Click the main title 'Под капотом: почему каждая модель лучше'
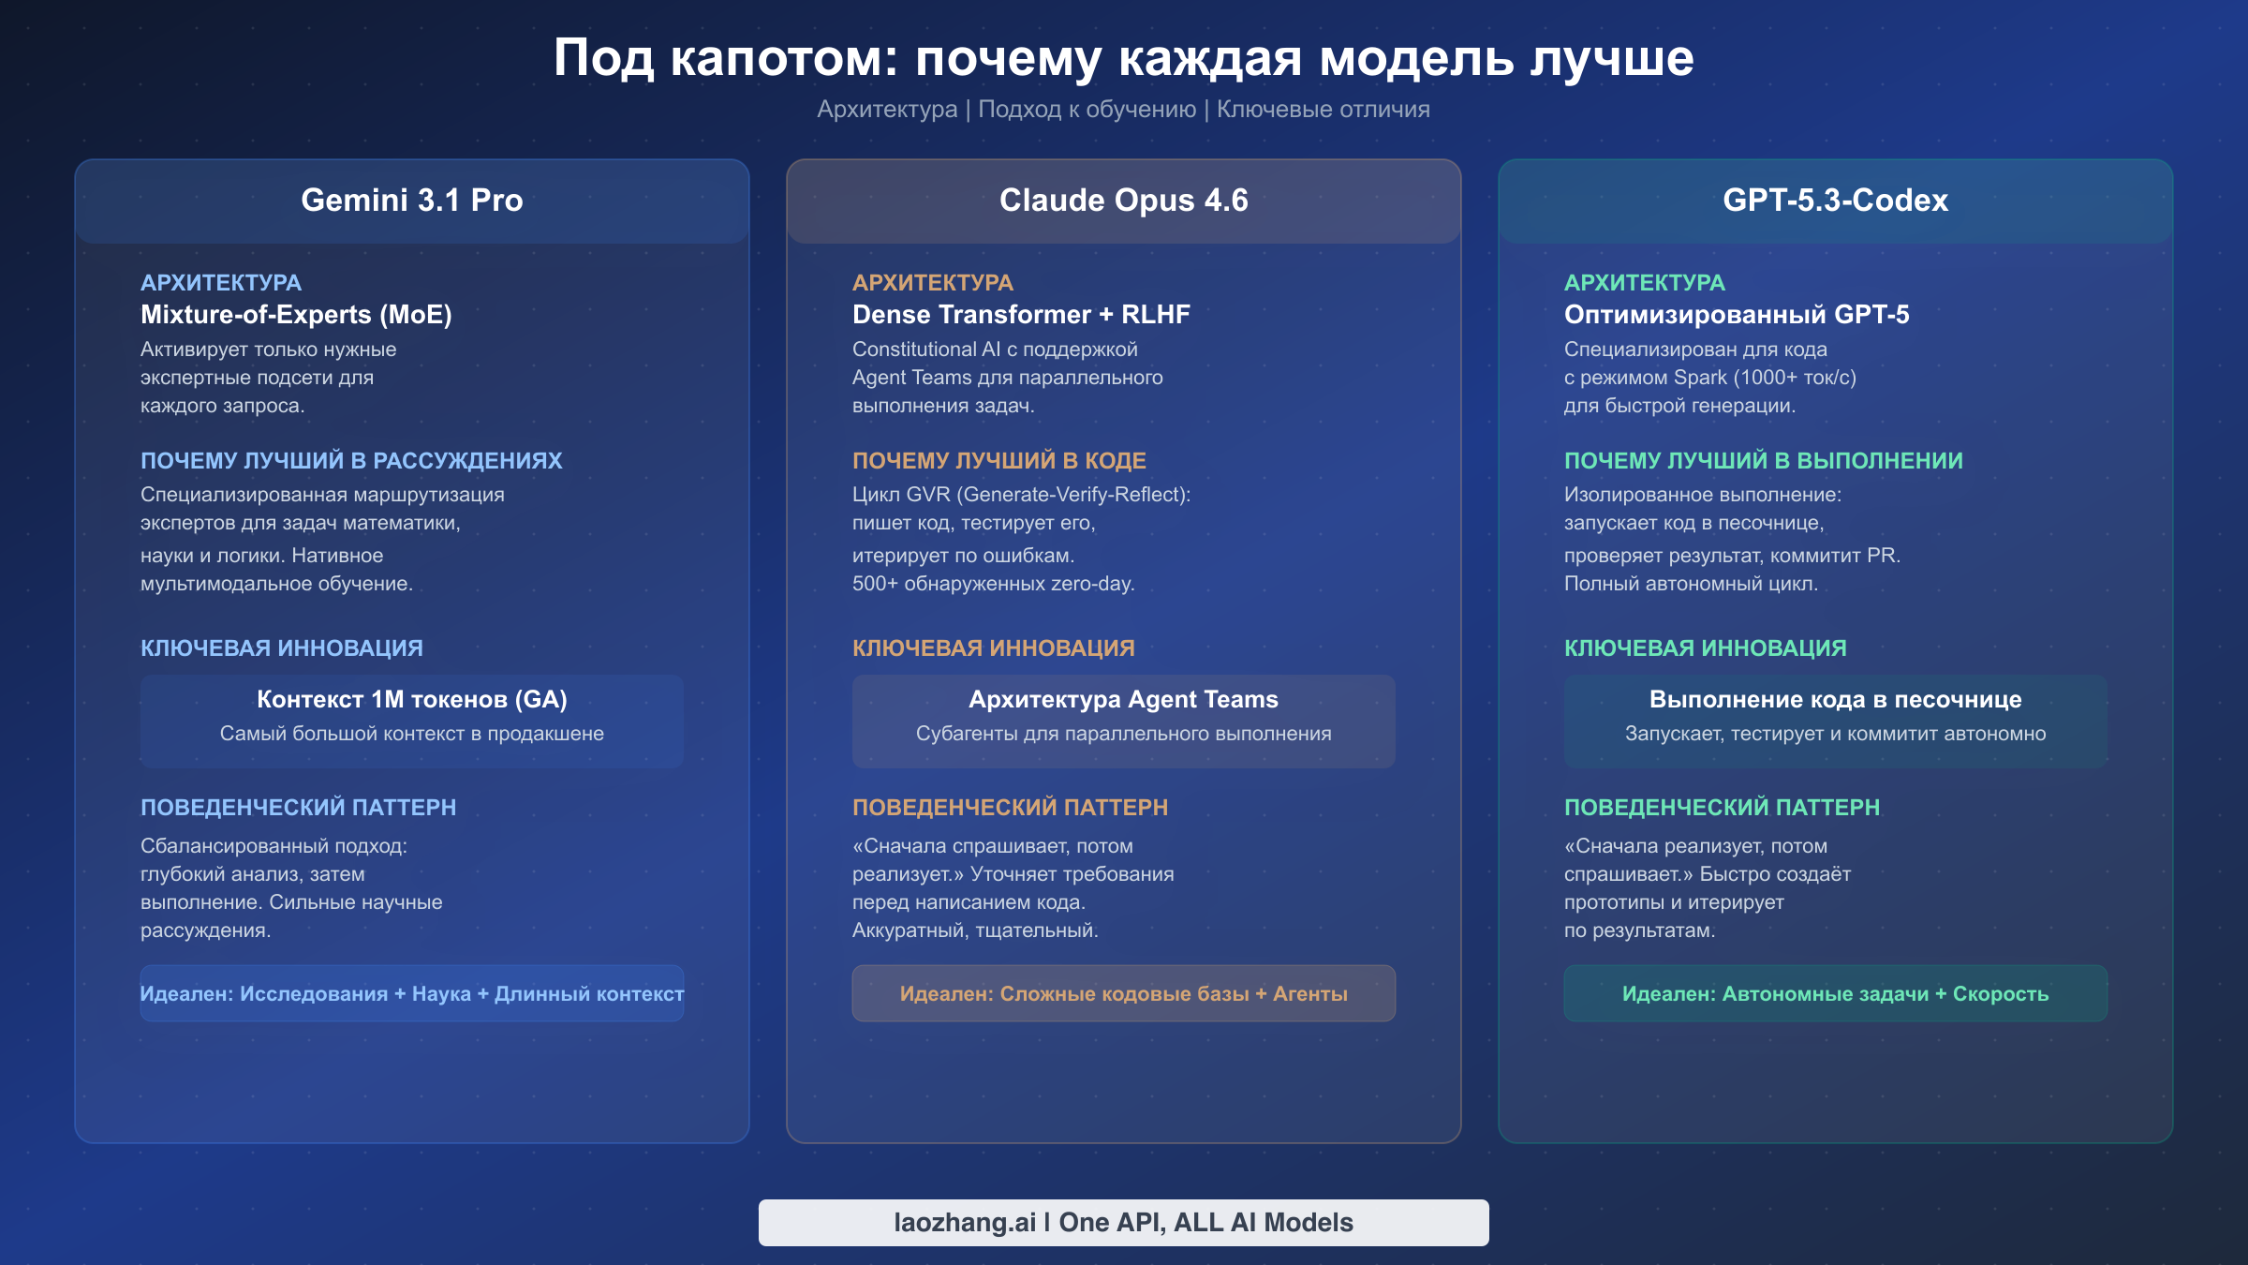pyautogui.click(x=1123, y=58)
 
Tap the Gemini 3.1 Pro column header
pyautogui.click(x=412, y=201)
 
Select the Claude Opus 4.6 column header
pyautogui.click(x=1123, y=201)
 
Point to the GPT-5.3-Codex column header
pyautogui.click(x=1835, y=201)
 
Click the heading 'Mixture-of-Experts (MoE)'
pyautogui.click(x=296, y=315)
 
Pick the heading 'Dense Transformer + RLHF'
pyautogui.click(x=1021, y=315)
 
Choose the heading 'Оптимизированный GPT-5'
pyautogui.click(x=1737, y=315)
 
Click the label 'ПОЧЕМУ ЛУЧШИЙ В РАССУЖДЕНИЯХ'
pyautogui.click(x=351, y=461)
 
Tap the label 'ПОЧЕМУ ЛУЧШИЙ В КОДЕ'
pyautogui.click(x=999, y=461)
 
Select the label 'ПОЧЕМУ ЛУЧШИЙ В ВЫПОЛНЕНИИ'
pyautogui.click(x=1764, y=461)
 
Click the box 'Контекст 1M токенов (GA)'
pyautogui.click(x=412, y=721)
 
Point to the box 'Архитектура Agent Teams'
pyautogui.click(x=1123, y=721)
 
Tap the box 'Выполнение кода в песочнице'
pyautogui.click(x=1835, y=721)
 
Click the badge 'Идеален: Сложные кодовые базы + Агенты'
pyautogui.click(x=1123, y=993)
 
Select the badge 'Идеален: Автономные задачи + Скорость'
pyautogui.click(x=1835, y=993)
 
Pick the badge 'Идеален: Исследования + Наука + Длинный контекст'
pyautogui.click(x=412, y=993)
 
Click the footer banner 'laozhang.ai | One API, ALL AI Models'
pyautogui.click(x=1123, y=1223)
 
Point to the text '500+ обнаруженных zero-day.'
pyautogui.click(x=993, y=584)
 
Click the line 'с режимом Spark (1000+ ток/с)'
pyautogui.click(x=1709, y=378)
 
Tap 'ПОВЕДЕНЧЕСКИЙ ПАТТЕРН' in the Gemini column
pyautogui.click(x=298, y=808)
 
